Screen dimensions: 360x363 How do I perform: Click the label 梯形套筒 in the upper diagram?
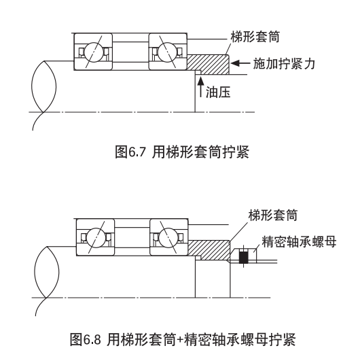click(255, 37)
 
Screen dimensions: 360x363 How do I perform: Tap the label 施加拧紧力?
click(284, 63)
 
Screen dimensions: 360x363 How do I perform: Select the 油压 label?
click(218, 92)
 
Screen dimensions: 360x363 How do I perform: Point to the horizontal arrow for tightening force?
click(240, 63)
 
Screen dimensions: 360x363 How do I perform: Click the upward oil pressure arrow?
click(201, 86)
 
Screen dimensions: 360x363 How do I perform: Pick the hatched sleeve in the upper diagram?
click(209, 65)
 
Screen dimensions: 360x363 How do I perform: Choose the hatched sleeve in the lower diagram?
click(209, 249)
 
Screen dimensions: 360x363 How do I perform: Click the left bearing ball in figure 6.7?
click(94, 52)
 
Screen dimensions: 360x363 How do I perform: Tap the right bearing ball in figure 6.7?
click(168, 52)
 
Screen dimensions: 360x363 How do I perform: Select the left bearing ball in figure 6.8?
click(96, 237)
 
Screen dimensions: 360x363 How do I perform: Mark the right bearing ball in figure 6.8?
click(169, 237)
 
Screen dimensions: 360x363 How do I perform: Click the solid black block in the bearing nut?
click(243, 257)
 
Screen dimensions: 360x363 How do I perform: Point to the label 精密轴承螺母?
click(299, 242)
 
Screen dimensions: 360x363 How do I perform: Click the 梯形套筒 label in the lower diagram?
click(273, 215)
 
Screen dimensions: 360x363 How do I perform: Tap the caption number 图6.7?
click(130, 152)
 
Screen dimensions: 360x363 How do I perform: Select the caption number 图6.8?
click(86, 339)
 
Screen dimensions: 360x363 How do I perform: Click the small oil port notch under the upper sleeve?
click(198, 73)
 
